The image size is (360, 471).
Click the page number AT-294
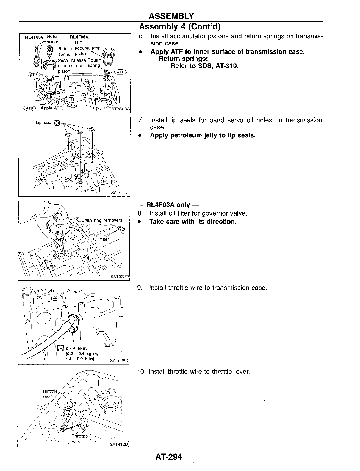pos(168,456)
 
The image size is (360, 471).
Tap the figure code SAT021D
pos(120,193)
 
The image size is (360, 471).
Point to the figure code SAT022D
pos(120,277)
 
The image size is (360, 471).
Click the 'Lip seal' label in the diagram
pos(43,123)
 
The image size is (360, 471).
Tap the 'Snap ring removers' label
pos(102,220)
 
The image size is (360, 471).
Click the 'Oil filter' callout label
pos(101,239)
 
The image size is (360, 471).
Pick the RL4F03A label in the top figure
pos(79,37)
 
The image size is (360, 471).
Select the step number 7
pos(141,120)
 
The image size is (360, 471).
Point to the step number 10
pos(141,372)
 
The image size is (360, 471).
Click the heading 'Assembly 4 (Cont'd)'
pos(180,27)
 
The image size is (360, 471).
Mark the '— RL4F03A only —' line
pos(168,205)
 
